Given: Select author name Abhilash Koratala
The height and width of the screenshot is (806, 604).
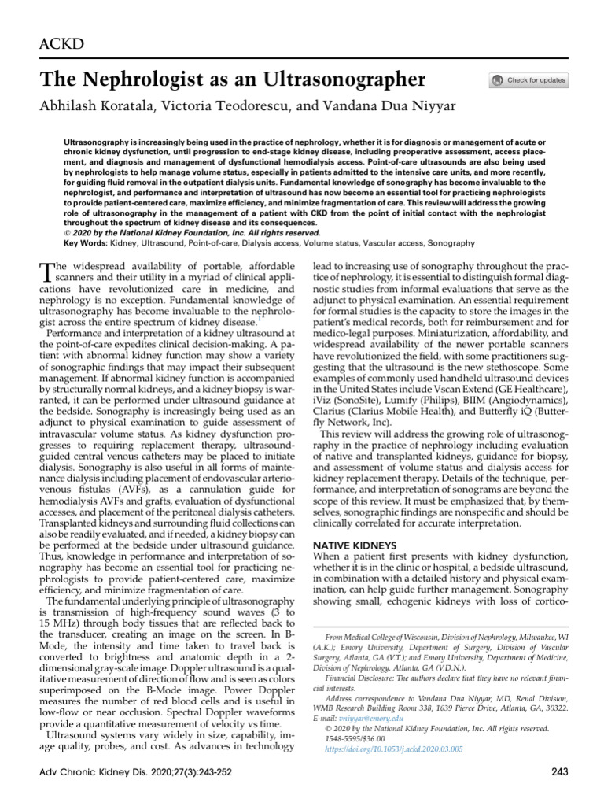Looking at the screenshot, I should coord(96,106).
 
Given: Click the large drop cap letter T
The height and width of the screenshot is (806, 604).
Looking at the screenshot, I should coord(46,272).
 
